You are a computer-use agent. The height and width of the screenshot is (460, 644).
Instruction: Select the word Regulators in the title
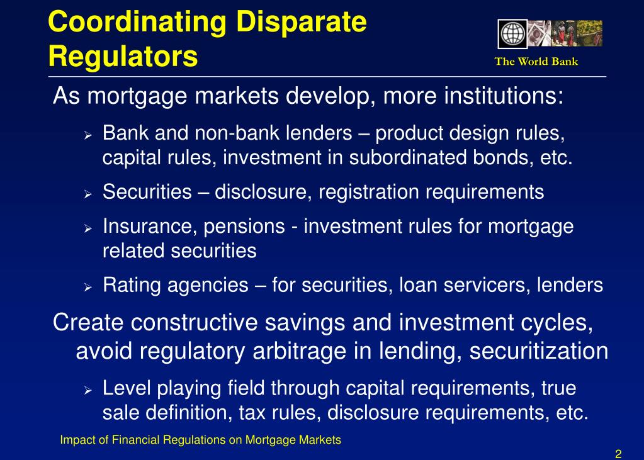click(x=123, y=57)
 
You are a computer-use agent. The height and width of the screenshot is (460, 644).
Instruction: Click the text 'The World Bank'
click(x=536, y=61)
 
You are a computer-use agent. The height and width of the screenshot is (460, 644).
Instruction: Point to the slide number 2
click(x=618, y=454)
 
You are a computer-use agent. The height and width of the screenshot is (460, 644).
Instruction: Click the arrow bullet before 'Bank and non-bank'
click(x=88, y=135)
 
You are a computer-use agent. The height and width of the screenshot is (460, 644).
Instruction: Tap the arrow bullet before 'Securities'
click(x=88, y=193)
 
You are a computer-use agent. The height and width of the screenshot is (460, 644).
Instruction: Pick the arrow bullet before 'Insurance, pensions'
click(x=88, y=227)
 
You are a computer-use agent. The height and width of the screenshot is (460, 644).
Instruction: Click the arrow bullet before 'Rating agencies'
click(x=88, y=286)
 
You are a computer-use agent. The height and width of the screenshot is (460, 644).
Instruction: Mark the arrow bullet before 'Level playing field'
click(x=88, y=390)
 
